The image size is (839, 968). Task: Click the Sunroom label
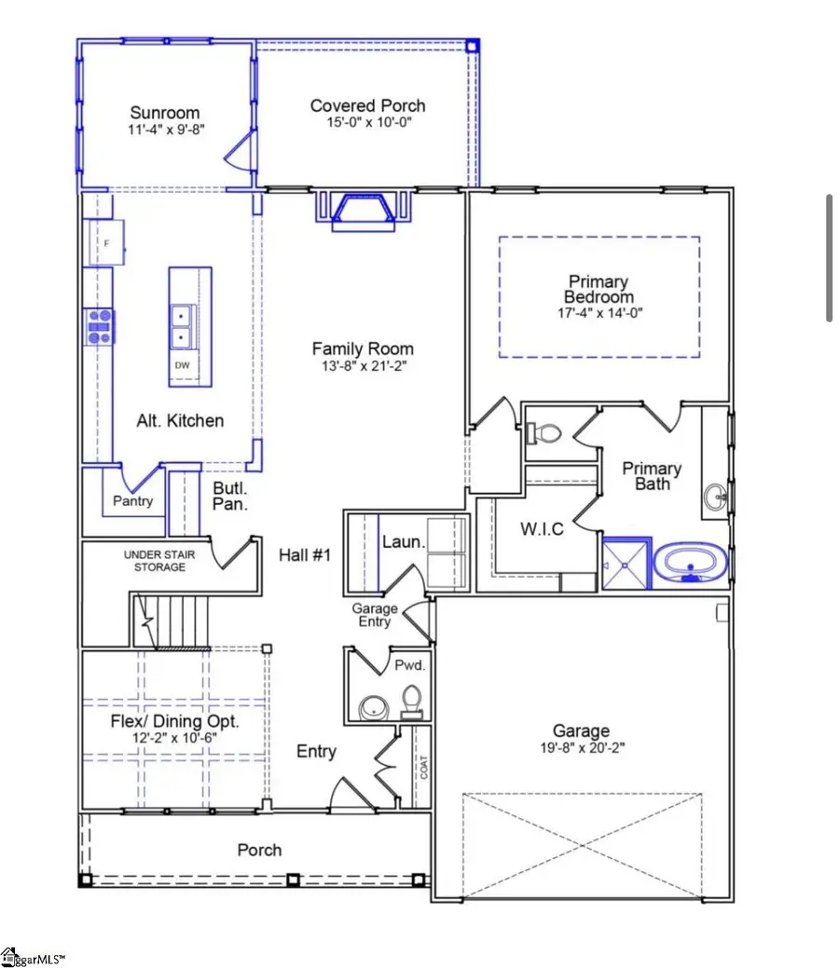pyautogui.click(x=165, y=114)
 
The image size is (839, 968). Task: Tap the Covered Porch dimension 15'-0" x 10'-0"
pyautogui.click(x=367, y=122)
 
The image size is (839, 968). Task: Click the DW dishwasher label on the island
pyautogui.click(x=183, y=365)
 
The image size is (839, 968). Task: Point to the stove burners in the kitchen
pyautogui.click(x=100, y=327)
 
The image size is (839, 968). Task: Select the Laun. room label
pyautogui.click(x=403, y=541)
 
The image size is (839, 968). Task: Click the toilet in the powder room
pyautogui.click(x=411, y=699)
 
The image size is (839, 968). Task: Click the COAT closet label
pyautogui.click(x=422, y=766)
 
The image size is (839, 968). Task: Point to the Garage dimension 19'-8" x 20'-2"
pyautogui.click(x=581, y=747)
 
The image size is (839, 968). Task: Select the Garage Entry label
pyautogui.click(x=375, y=616)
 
